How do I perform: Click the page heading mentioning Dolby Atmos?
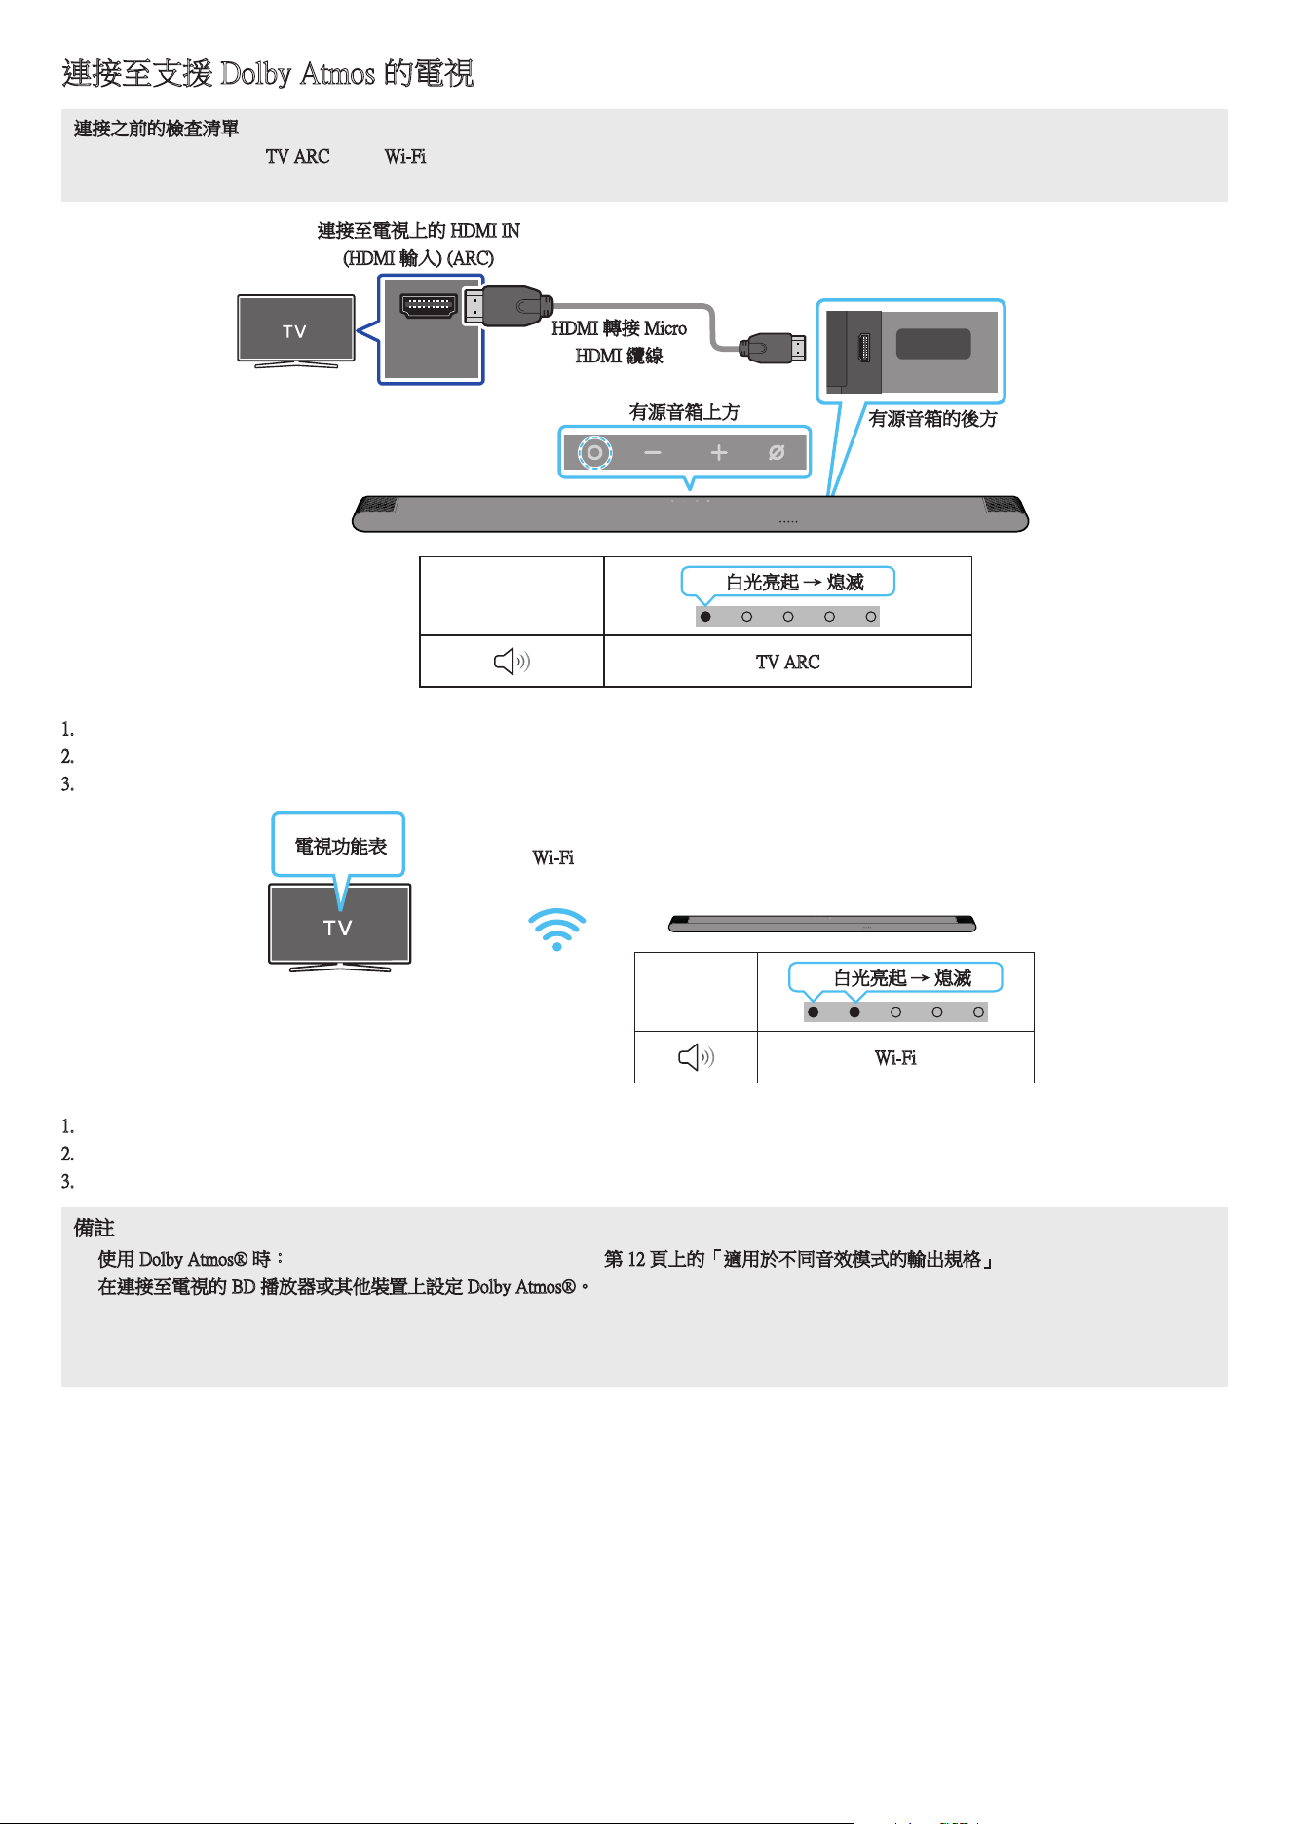point(268,73)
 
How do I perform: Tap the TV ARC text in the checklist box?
point(297,156)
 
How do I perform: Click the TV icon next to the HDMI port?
point(296,331)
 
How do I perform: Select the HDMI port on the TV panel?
point(429,305)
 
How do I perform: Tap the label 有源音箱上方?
point(684,412)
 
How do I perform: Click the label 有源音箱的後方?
point(932,419)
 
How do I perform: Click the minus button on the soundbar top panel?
point(653,453)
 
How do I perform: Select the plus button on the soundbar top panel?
point(719,452)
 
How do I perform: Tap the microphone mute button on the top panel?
point(777,452)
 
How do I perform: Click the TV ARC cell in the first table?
point(788,662)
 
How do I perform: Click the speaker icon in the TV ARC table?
point(512,663)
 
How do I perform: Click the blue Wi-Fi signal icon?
point(556,930)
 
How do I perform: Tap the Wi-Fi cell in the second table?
point(895,1057)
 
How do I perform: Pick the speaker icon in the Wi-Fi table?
point(696,1057)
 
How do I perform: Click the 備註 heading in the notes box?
point(94,1229)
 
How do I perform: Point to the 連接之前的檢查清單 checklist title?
point(157,129)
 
